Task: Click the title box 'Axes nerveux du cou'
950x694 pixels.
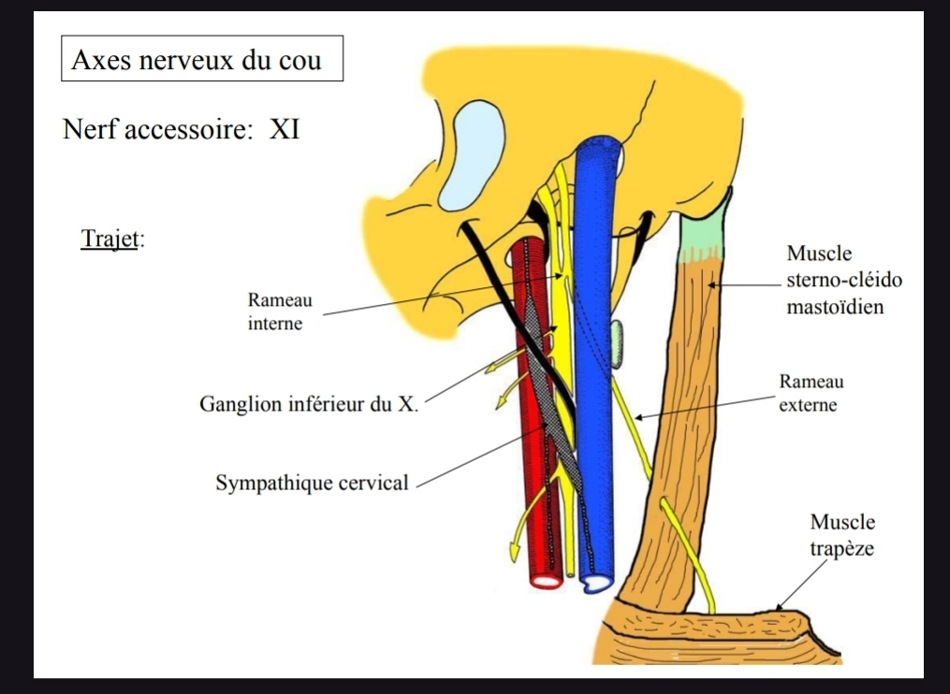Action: tap(202, 60)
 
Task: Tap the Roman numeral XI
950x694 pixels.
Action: tap(285, 129)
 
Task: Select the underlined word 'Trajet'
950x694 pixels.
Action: tap(110, 239)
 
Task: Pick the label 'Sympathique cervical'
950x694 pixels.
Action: tap(312, 484)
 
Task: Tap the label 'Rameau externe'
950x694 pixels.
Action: tap(810, 394)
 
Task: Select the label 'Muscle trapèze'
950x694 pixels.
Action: tap(842, 534)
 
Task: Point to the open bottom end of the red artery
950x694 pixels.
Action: tap(545, 580)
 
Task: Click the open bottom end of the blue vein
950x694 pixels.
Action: tap(594, 584)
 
